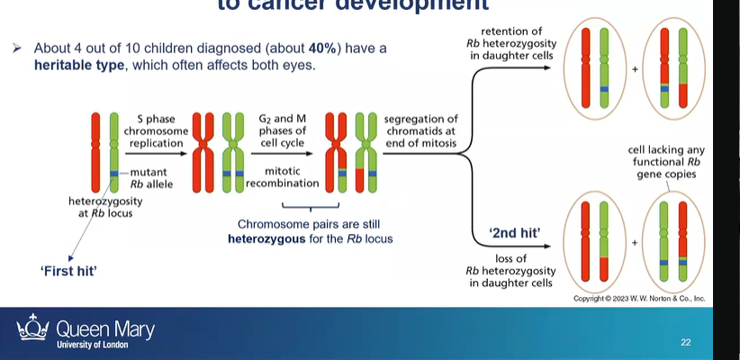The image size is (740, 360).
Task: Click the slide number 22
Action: pos(685,342)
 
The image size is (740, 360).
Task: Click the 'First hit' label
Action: pos(70,269)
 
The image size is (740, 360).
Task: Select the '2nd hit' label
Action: pos(514,232)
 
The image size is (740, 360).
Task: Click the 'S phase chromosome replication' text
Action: pos(163,131)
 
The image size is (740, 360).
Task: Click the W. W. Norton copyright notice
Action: pos(638,298)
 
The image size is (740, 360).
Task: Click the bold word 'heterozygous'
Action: pos(266,238)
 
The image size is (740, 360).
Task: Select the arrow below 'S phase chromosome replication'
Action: pos(163,154)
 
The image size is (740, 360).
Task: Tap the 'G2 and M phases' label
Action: pos(282,131)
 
